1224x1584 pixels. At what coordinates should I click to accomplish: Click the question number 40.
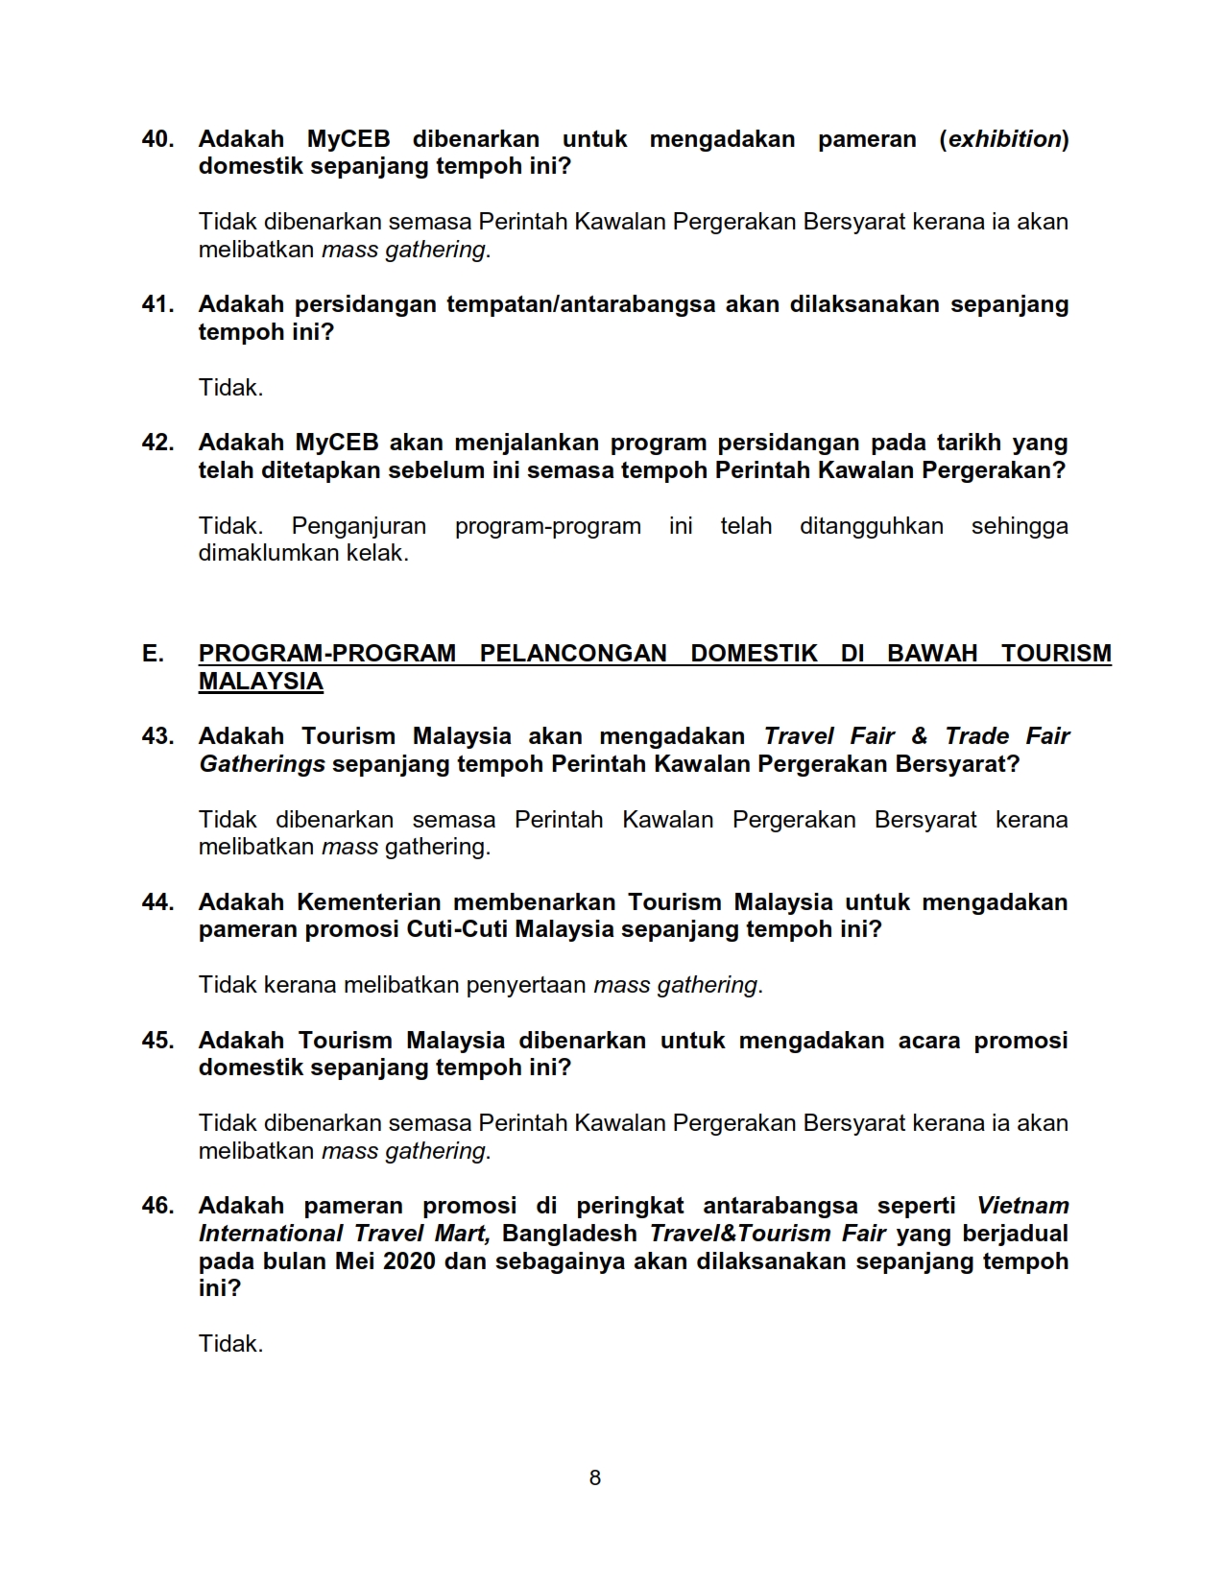click(157, 139)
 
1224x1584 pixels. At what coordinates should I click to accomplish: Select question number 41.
click(157, 304)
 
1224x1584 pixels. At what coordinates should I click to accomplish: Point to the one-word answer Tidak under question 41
click(230, 388)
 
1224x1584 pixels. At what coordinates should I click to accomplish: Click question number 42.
click(157, 443)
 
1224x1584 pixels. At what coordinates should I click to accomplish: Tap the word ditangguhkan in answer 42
click(871, 526)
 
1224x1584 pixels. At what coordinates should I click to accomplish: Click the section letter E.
click(152, 654)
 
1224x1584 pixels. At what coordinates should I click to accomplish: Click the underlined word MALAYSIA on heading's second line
click(260, 682)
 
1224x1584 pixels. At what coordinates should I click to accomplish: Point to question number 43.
click(157, 736)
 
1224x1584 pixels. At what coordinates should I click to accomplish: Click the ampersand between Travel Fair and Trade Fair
click(919, 736)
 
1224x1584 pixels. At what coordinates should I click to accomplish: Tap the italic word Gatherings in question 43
click(261, 764)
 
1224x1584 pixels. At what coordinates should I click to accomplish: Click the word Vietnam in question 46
click(1022, 1206)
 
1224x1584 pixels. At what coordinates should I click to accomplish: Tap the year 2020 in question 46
click(412, 1260)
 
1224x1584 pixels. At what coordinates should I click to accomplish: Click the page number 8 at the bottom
click(595, 1477)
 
